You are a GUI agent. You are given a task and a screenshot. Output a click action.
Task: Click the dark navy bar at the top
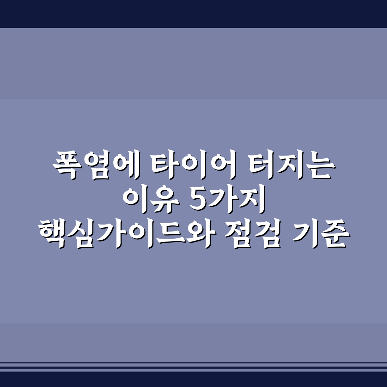(193, 14)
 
